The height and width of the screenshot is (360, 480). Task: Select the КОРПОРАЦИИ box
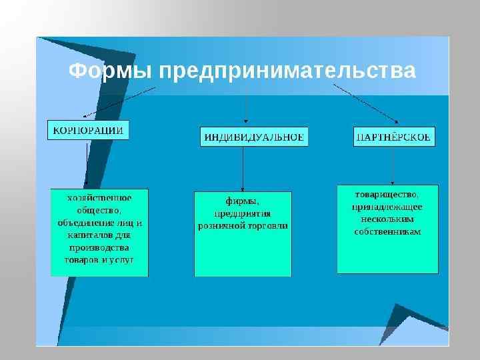point(88,130)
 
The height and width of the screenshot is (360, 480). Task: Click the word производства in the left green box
point(99,247)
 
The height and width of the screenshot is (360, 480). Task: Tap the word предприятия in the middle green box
point(242,214)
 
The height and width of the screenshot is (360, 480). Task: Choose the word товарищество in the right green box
point(387,194)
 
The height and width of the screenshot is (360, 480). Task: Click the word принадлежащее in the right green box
point(387,207)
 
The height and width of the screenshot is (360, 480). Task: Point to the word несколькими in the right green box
point(387,219)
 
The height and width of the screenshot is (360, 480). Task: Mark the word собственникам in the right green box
point(387,231)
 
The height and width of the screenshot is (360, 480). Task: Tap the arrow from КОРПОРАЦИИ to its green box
point(86,163)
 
